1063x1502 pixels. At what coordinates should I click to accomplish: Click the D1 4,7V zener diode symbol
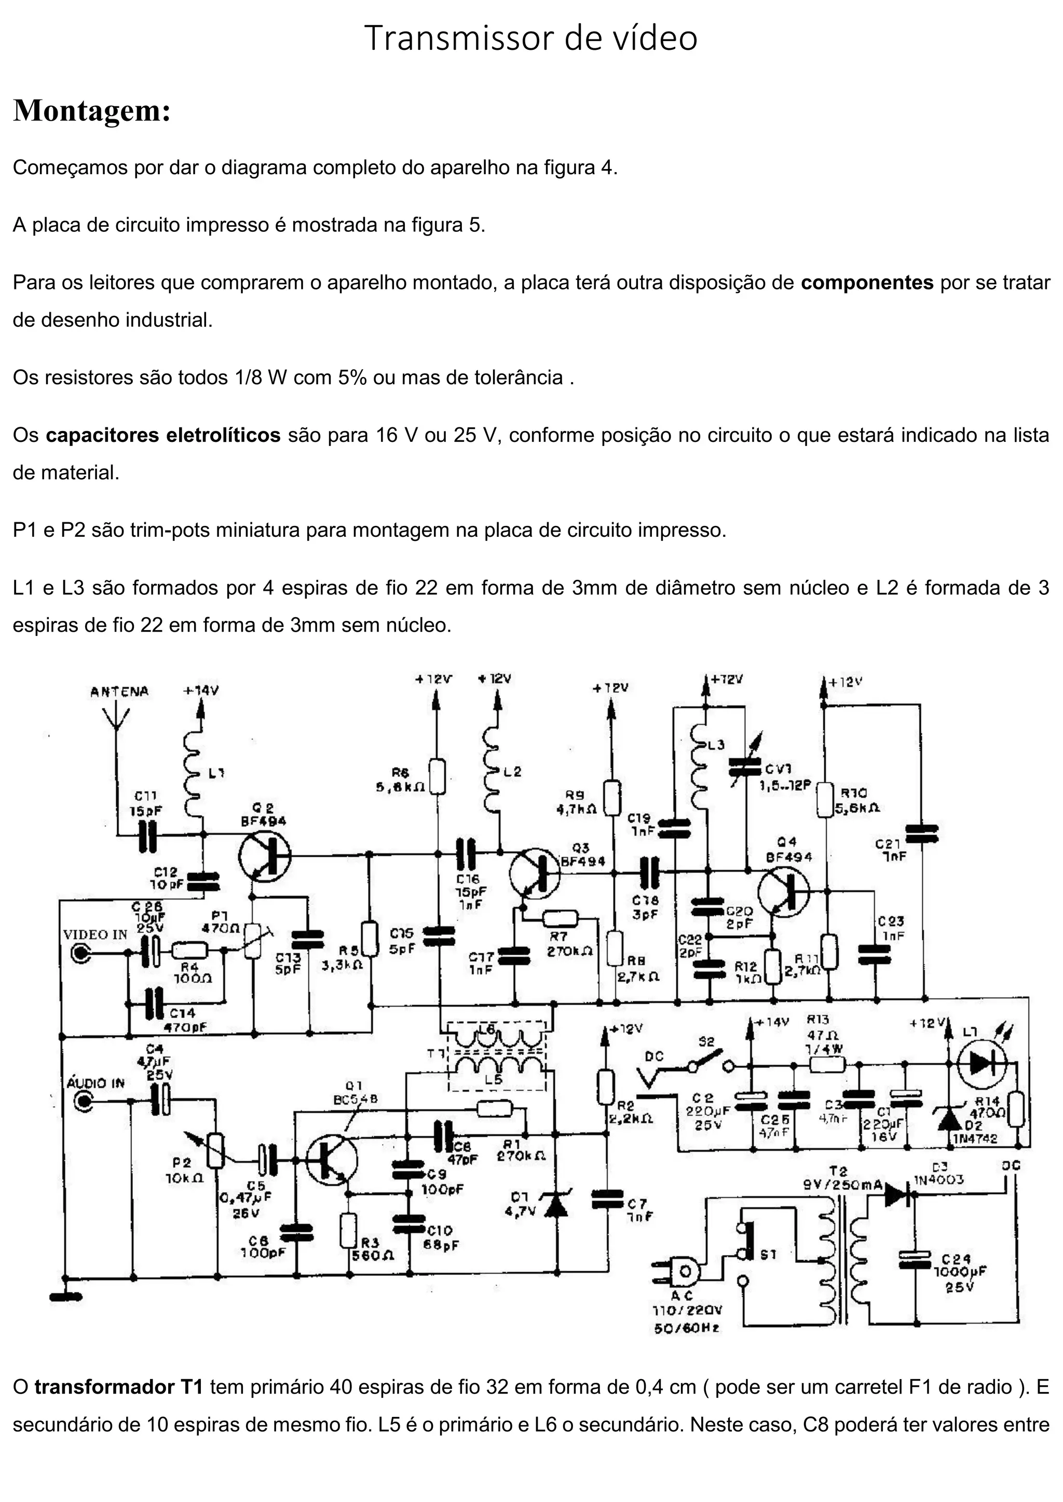coord(557,1205)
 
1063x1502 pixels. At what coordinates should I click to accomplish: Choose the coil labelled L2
coord(492,769)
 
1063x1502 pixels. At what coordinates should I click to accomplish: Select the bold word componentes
coord(867,283)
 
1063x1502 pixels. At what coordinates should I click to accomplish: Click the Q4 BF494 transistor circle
coord(784,891)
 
